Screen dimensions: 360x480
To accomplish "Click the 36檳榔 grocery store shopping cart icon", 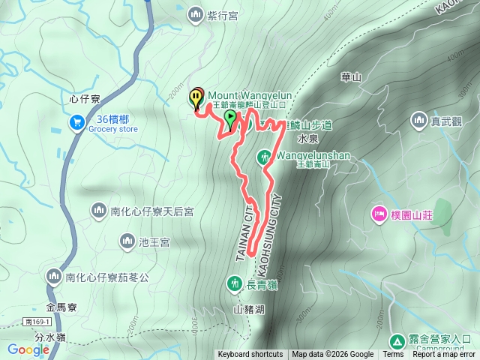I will point(76,121).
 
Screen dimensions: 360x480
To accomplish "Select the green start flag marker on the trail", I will point(230,118).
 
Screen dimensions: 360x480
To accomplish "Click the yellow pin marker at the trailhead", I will point(196,97).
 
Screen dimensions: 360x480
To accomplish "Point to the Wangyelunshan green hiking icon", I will point(264,157).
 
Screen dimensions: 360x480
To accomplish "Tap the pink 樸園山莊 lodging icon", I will point(379,215).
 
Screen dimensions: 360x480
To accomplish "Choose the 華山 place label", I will point(351,76).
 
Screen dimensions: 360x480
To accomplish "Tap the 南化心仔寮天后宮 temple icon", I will point(98,211).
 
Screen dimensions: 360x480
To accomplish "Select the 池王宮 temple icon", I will point(127,241).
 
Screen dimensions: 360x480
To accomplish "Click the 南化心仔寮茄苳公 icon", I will point(53,277).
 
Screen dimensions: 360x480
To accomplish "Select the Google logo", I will point(28,349).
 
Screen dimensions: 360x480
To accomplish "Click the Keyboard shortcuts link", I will point(250,355).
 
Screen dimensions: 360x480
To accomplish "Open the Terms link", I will point(393,355).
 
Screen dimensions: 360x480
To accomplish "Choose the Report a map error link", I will point(445,355).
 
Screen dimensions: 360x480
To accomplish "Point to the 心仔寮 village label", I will point(83,97).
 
